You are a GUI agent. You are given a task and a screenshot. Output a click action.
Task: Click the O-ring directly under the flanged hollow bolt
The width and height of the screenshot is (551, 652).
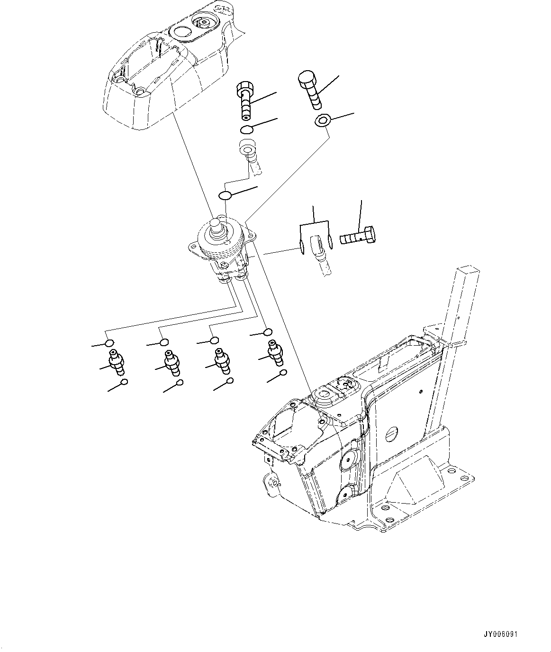246,130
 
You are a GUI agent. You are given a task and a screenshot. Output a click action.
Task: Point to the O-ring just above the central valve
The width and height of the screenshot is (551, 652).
225,195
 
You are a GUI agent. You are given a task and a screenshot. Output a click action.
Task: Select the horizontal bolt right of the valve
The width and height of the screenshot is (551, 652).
358,236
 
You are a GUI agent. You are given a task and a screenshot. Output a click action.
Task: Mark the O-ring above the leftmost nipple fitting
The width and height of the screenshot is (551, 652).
109,343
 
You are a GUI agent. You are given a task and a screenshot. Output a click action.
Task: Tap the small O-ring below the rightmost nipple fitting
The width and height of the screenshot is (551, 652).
283,373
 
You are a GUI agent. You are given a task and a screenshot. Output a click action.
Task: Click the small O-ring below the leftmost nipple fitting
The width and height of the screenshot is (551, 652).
124,382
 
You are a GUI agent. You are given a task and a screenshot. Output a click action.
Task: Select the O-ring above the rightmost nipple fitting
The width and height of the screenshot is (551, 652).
268,332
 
